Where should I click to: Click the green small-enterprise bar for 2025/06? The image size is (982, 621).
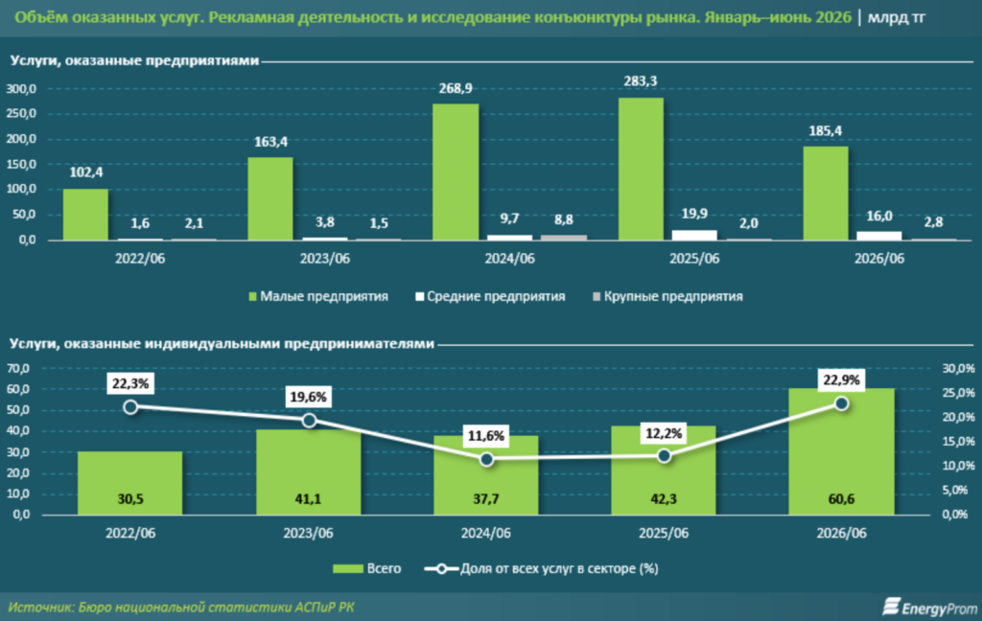(x=641, y=169)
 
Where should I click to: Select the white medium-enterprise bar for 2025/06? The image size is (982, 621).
(x=694, y=235)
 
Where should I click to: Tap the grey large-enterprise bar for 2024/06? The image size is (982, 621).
(x=564, y=238)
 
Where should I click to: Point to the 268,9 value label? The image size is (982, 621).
(x=456, y=88)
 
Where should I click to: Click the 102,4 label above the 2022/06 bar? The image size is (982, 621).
(x=85, y=172)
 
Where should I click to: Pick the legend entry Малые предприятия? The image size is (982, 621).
(x=318, y=296)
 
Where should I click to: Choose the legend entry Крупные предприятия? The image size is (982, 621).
(x=667, y=296)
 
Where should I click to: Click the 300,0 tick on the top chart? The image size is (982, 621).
(x=21, y=89)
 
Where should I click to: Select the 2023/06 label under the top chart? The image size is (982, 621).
(x=324, y=259)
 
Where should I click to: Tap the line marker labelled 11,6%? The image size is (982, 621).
(x=486, y=459)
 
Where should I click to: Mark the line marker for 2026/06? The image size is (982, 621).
(x=842, y=403)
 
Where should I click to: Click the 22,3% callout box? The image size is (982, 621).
(x=130, y=383)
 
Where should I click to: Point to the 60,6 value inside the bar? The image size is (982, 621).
(x=841, y=499)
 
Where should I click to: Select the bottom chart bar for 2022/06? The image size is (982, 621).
(x=130, y=483)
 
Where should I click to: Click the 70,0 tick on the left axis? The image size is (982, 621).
(x=18, y=368)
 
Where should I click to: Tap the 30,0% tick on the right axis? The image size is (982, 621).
(x=958, y=368)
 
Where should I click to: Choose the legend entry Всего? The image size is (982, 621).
(x=367, y=568)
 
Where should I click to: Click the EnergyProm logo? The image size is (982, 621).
(x=929, y=607)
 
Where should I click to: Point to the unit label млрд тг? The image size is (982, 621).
(x=897, y=17)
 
